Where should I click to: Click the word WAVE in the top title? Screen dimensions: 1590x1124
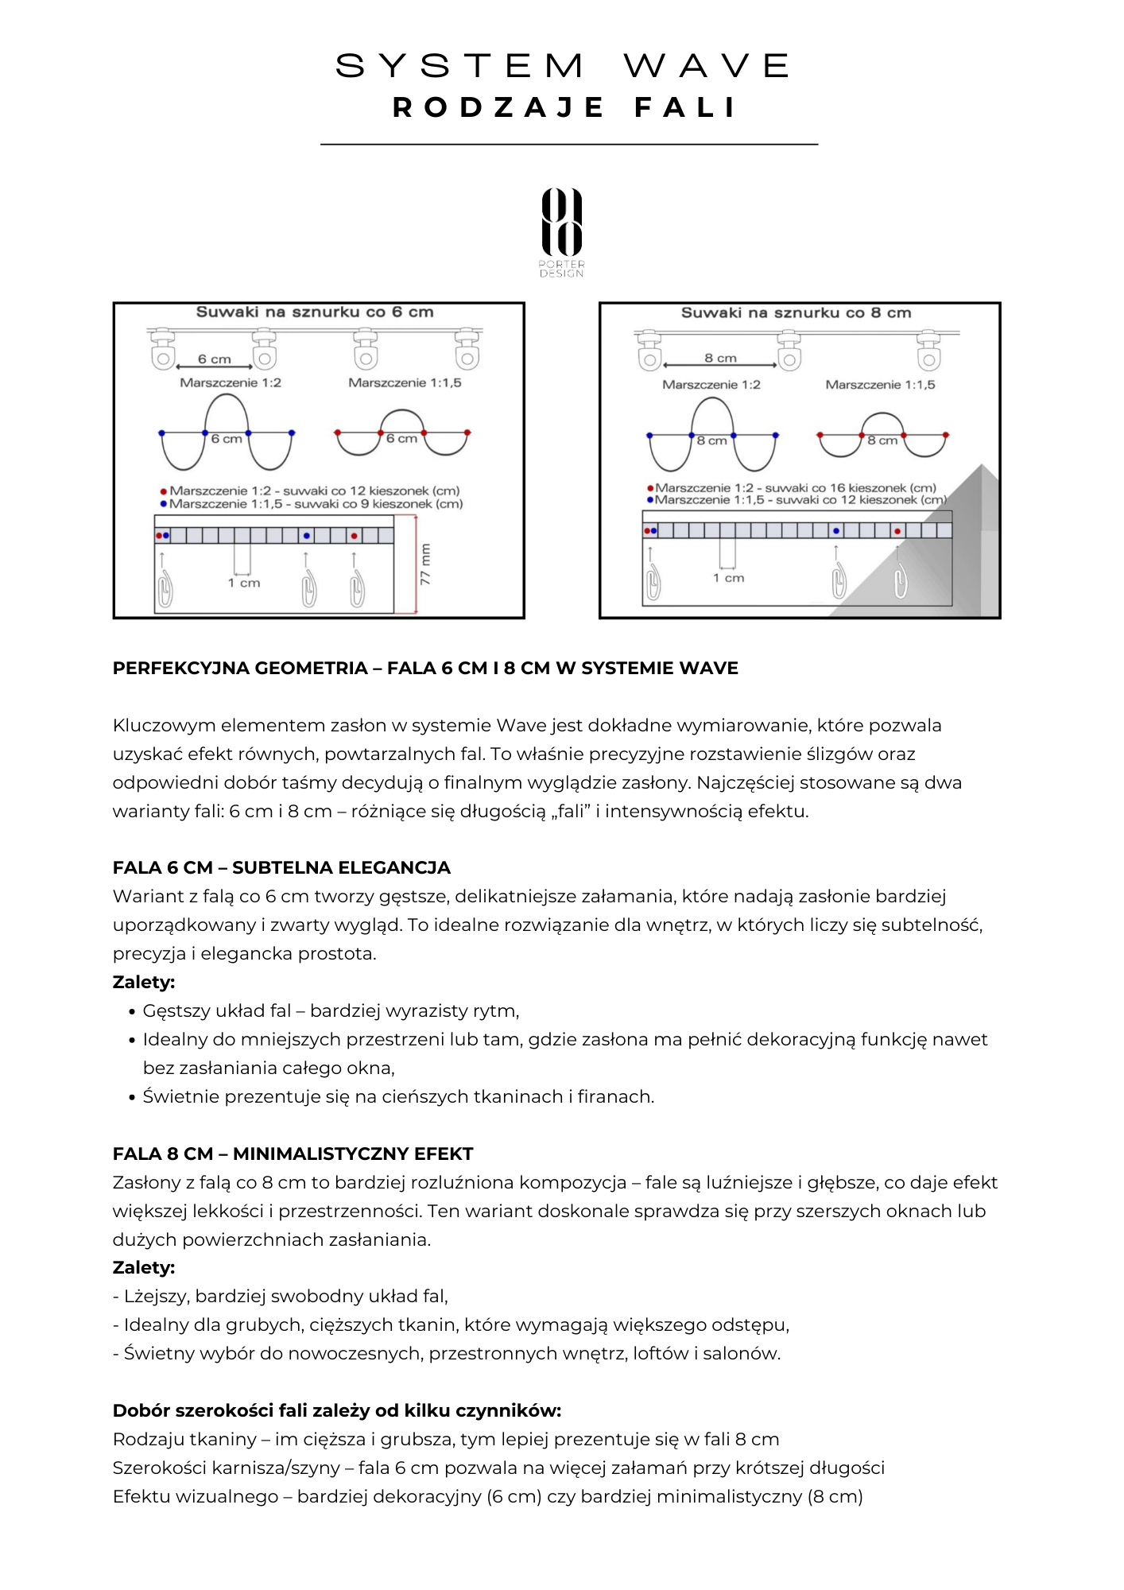point(707,66)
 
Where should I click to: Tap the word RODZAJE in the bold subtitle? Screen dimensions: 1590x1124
point(498,107)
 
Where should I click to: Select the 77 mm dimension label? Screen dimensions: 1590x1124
point(425,564)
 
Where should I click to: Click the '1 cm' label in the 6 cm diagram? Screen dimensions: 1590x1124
point(244,583)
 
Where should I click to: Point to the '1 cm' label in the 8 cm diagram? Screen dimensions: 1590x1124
point(728,578)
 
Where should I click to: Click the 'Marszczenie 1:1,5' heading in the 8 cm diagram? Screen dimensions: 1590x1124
point(880,385)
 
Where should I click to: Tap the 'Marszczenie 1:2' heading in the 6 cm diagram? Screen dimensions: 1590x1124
point(231,382)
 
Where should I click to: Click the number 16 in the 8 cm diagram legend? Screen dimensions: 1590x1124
point(837,487)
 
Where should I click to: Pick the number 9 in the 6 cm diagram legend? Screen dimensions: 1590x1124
point(364,504)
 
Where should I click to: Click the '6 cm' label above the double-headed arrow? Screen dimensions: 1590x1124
point(215,359)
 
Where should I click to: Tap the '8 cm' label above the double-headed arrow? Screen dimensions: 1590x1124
point(720,359)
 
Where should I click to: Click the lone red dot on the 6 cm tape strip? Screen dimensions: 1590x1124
point(354,536)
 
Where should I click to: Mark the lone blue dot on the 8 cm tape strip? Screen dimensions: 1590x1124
point(836,530)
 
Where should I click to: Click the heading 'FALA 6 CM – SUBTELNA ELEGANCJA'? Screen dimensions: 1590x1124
point(281,867)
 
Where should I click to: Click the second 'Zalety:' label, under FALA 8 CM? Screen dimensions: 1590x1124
point(144,1267)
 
